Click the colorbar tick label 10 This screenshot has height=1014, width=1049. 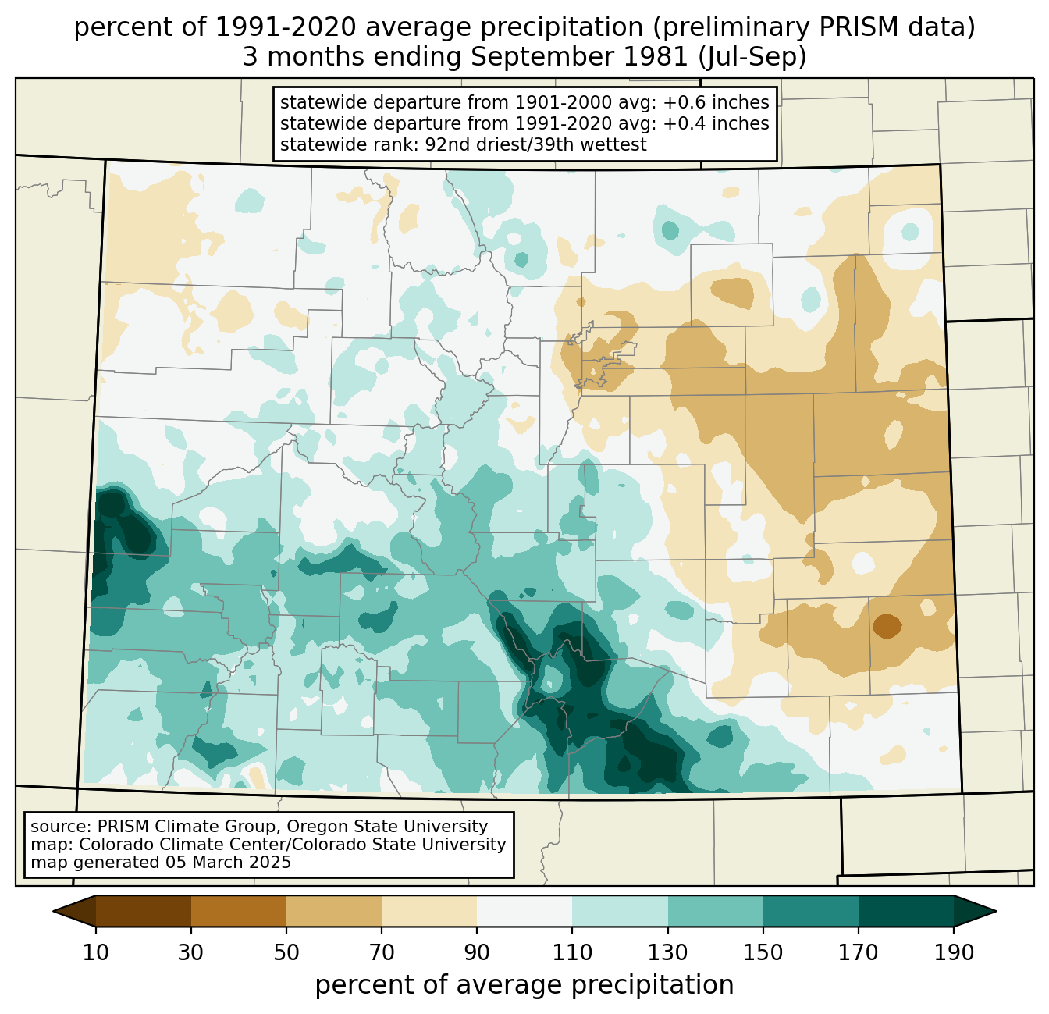coord(96,953)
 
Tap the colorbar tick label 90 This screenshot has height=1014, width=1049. coord(477,953)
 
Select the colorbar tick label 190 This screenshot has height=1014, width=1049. coord(953,953)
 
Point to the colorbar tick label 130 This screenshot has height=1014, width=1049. coord(668,953)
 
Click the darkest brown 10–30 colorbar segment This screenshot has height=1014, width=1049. coord(144,911)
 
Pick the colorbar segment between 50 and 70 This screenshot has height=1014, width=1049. coord(334,911)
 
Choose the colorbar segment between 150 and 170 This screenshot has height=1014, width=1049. coord(811,911)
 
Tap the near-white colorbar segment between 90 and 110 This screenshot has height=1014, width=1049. coord(524,911)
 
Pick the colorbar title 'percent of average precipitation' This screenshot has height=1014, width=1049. coord(524,985)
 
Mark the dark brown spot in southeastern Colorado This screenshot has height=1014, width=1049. coord(887,625)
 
